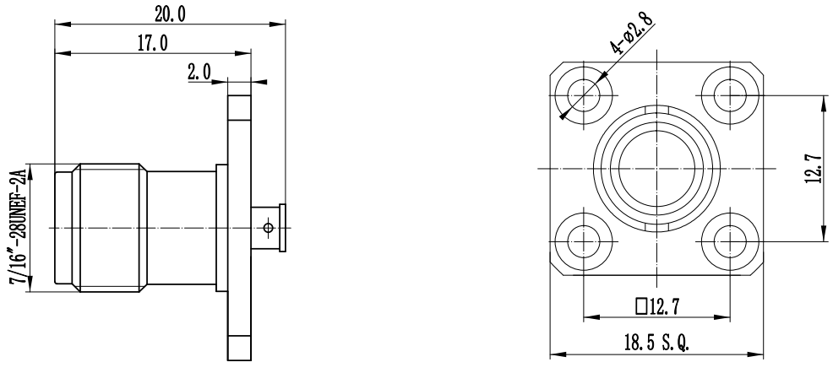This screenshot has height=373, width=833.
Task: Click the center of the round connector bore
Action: point(656,167)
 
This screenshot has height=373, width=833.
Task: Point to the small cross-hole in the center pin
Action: point(269,228)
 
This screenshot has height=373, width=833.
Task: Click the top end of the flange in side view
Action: point(239,106)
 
